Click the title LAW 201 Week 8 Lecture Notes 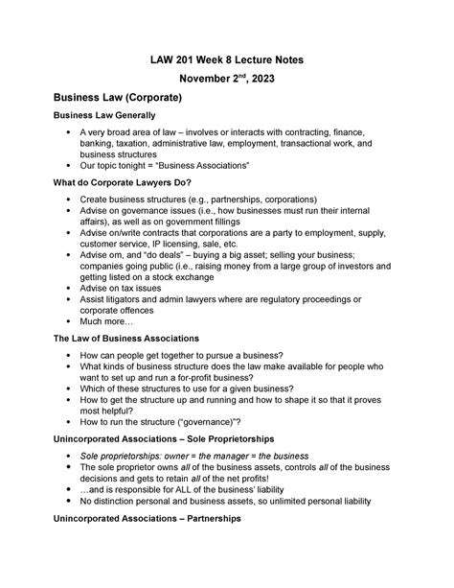(x=226, y=59)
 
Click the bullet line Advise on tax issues (x=125, y=287)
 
